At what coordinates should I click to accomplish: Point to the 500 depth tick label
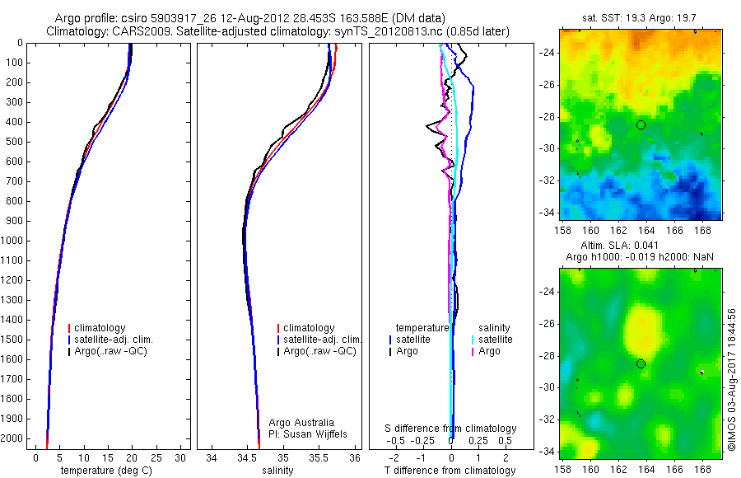pyautogui.click(x=15, y=142)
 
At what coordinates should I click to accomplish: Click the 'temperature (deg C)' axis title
pyautogui.click(x=106, y=471)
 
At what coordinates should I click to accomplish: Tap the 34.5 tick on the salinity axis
pyautogui.click(x=247, y=457)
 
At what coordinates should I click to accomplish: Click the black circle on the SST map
pyautogui.click(x=641, y=124)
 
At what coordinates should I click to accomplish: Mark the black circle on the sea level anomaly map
pyautogui.click(x=641, y=363)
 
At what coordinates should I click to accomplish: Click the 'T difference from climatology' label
pyautogui.click(x=451, y=471)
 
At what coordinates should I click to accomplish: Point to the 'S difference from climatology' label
pyautogui.click(x=451, y=429)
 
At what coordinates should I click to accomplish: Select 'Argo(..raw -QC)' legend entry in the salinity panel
pyautogui.click(x=319, y=351)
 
